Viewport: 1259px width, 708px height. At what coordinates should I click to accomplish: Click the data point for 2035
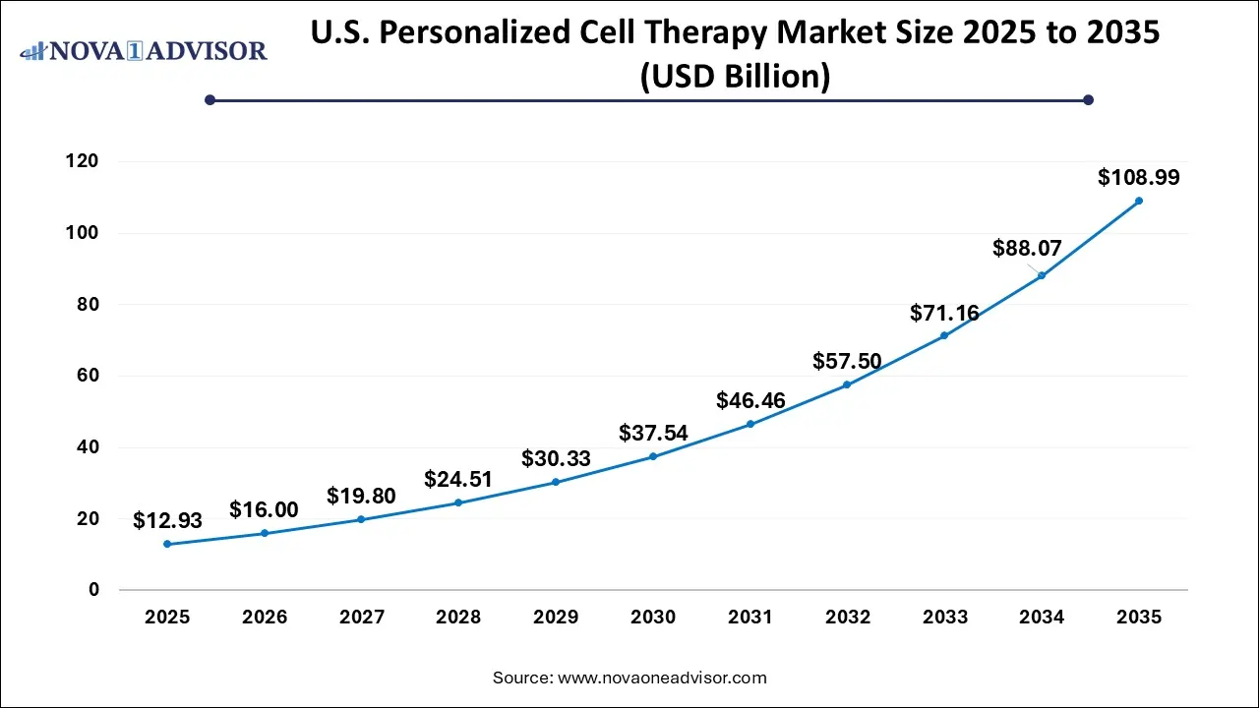point(1139,201)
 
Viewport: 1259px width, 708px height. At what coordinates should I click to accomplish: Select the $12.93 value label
point(167,521)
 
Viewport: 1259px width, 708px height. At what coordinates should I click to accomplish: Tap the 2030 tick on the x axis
point(653,618)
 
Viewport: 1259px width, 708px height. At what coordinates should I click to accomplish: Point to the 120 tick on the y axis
point(85,161)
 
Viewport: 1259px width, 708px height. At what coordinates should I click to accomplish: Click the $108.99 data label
point(1139,178)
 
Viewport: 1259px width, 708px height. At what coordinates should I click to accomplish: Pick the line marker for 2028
point(458,502)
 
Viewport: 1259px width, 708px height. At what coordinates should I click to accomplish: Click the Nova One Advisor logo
point(144,49)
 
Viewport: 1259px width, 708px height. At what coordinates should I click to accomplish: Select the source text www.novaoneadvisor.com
point(661,678)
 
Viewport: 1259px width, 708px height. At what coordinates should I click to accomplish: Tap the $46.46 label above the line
point(750,400)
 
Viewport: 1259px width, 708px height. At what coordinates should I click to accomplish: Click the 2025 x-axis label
point(167,618)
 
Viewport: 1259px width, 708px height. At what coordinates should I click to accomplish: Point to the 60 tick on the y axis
point(90,376)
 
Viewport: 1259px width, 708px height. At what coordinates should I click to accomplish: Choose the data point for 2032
point(847,384)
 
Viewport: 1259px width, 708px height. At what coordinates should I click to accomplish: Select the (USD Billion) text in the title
point(735,76)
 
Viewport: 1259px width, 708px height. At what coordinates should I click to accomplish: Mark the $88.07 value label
point(1027,249)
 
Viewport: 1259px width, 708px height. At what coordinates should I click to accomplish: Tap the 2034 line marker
point(1042,275)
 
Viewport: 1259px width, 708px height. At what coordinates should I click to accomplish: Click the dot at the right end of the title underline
point(1088,99)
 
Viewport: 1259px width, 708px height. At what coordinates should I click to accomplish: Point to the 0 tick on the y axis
point(94,590)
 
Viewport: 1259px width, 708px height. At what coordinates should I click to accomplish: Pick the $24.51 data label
point(458,479)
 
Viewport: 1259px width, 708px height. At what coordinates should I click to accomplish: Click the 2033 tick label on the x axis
point(944,618)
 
